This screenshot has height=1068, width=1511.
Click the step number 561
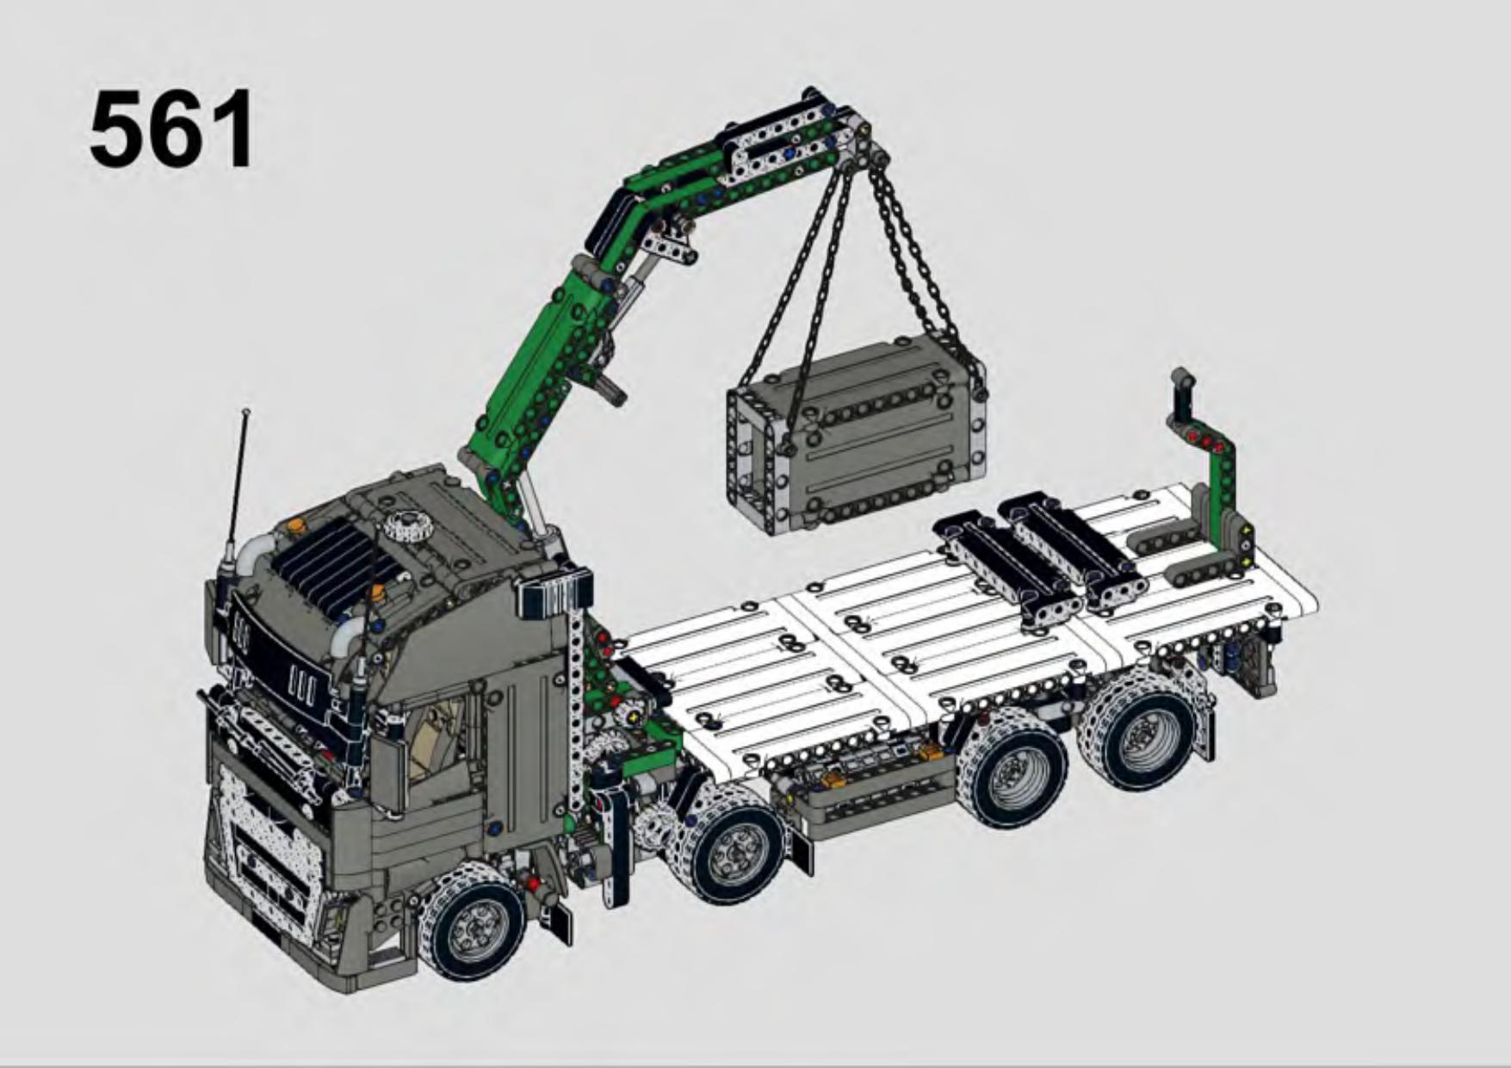coord(171,130)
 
